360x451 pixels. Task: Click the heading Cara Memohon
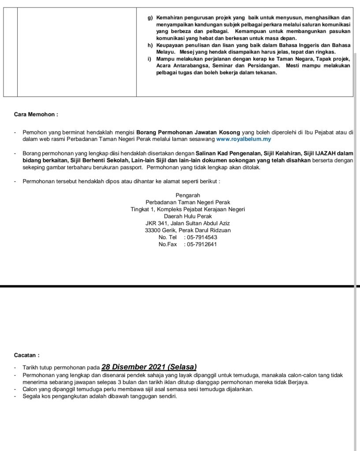36,115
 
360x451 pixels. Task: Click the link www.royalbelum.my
244,139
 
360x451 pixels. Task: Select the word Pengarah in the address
188,195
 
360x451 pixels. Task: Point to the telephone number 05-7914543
201,237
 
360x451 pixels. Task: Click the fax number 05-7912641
201,244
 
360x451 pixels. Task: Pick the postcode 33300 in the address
153,230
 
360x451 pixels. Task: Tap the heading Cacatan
27,355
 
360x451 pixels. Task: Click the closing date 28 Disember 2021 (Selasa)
149,367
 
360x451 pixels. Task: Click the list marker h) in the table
150,45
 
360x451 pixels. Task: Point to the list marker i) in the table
149,59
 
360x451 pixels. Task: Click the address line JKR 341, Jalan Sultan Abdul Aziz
188,223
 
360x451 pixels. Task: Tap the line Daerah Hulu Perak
188,216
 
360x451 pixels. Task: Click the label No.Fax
167,244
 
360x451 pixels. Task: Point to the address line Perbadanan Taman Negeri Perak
188,202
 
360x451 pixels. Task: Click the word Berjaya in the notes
297,382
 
